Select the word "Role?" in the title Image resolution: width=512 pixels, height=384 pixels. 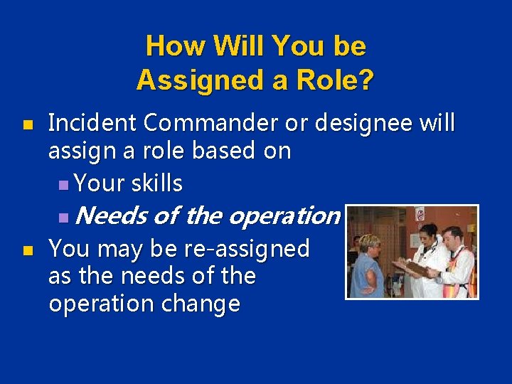coord(337,80)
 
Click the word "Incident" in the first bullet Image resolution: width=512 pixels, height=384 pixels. coord(92,123)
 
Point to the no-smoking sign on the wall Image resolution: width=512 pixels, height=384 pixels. coord(420,214)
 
